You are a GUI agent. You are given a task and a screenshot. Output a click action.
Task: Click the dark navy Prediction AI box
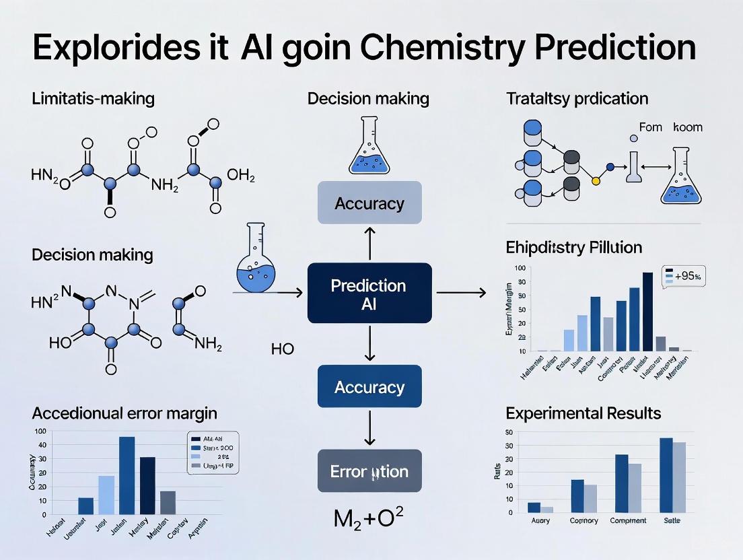pyautogui.click(x=369, y=294)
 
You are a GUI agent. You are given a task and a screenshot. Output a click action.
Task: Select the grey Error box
pyautogui.click(x=369, y=471)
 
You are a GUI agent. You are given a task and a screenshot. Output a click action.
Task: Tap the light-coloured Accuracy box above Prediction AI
pyautogui.click(x=369, y=203)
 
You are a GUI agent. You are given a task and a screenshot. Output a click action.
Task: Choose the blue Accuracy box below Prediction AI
pyautogui.click(x=369, y=387)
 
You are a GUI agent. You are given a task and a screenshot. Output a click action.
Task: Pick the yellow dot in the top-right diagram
pyautogui.click(x=595, y=180)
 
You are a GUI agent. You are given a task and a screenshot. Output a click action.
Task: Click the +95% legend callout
pyautogui.click(x=684, y=275)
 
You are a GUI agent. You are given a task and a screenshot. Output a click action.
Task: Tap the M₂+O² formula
pyautogui.click(x=368, y=518)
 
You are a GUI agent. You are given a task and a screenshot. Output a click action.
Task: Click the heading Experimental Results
pyautogui.click(x=583, y=413)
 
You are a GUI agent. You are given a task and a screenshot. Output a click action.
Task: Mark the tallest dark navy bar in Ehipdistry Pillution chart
pyautogui.click(x=647, y=312)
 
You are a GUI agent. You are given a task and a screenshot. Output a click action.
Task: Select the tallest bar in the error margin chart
pyautogui.click(x=127, y=477)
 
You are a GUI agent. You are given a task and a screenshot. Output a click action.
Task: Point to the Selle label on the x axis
pyautogui.click(x=672, y=521)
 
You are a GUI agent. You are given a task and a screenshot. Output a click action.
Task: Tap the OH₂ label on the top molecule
pyautogui.click(x=241, y=176)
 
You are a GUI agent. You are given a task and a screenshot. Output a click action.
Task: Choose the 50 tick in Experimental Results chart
pyautogui.click(x=509, y=432)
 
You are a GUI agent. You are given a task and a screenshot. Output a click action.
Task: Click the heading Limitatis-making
pyautogui.click(x=93, y=99)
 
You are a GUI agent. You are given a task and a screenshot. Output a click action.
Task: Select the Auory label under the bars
pyautogui.click(x=540, y=521)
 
